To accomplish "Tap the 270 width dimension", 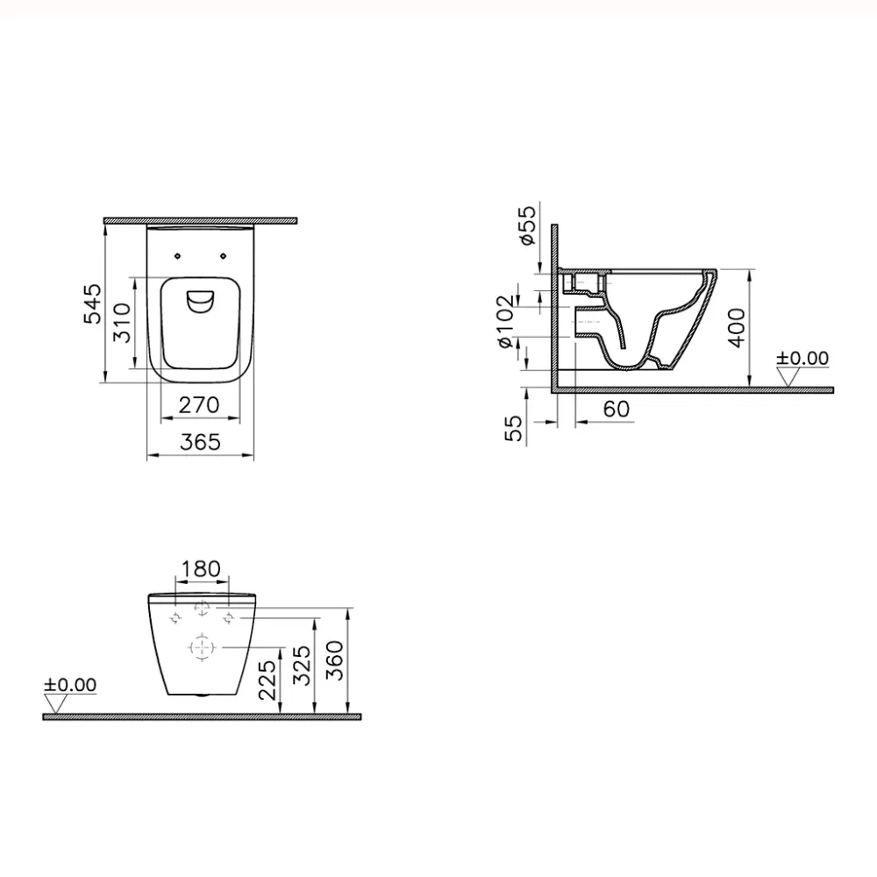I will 199,405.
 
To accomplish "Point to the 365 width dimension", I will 200,444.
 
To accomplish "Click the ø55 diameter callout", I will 526,225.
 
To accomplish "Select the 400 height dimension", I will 736,327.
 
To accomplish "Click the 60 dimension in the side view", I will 617,410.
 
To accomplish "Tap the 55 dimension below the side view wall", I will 516,427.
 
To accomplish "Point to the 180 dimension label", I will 203,570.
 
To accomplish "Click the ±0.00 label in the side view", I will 802,358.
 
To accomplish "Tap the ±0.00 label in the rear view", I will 71,685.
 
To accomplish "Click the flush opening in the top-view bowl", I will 201,302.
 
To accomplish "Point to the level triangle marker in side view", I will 791,376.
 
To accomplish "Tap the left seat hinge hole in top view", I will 178,255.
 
